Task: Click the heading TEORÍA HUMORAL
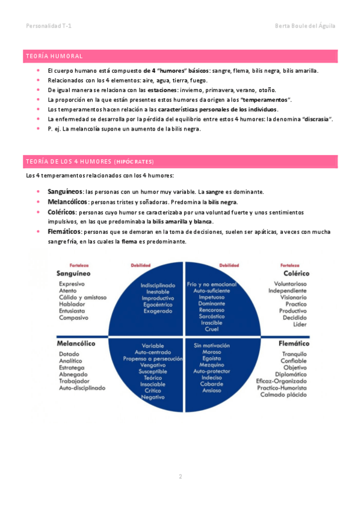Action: (55, 56)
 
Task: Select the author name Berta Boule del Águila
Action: (304, 26)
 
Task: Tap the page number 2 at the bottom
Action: (180, 477)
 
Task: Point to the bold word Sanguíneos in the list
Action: (66, 191)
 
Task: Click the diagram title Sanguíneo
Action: (73, 273)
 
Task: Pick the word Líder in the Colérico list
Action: (300, 324)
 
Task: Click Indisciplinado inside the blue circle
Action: (158, 284)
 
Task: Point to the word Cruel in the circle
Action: (211, 329)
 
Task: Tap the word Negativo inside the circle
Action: (153, 397)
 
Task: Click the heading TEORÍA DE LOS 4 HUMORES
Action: (89, 162)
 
